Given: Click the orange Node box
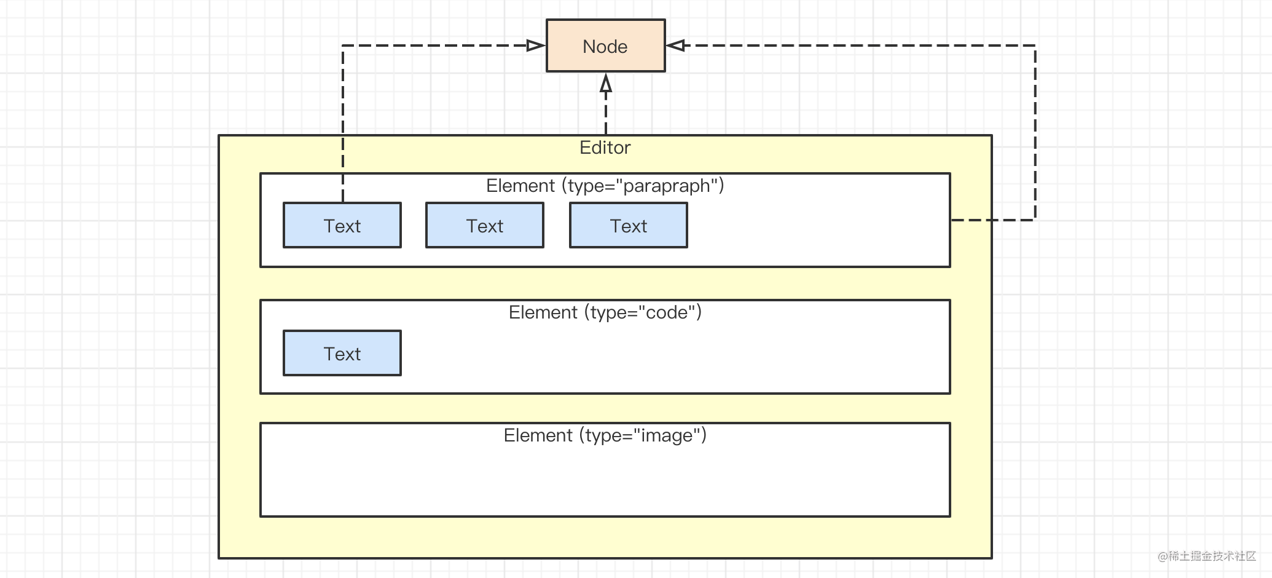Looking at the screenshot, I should [605, 46].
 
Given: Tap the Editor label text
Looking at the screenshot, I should [605, 148].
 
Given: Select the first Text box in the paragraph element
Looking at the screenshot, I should [342, 226].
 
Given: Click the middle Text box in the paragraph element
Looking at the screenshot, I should [484, 226].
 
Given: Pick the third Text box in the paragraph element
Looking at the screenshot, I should [628, 226].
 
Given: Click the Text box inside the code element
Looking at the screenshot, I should [342, 354].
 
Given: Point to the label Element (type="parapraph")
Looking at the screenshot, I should [605, 186].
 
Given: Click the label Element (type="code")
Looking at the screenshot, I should [605, 312].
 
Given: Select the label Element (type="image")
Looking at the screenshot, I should [605, 435].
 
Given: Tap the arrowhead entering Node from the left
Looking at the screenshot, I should [536, 46].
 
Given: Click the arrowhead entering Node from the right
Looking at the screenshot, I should [675, 46].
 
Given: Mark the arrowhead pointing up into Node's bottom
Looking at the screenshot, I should [606, 83].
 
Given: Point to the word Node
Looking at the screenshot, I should [605, 47].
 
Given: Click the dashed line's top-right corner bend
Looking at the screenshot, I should [1035, 46].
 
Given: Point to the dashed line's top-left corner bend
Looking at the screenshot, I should [343, 46].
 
